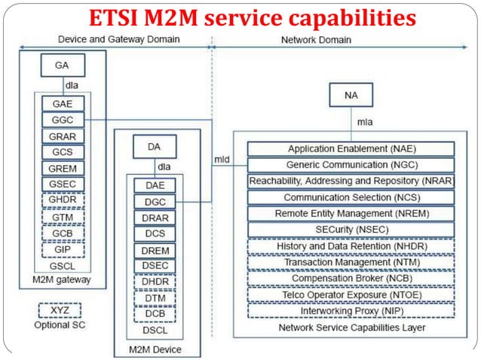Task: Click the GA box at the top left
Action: click(x=61, y=66)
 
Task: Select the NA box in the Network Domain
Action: click(x=351, y=95)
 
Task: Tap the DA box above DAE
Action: click(x=155, y=148)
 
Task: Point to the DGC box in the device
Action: click(x=155, y=201)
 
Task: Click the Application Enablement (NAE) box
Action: click(x=351, y=148)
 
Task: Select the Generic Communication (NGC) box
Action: click(x=351, y=164)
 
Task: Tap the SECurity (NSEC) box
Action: click(x=351, y=229)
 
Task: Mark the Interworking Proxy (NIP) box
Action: click(x=351, y=310)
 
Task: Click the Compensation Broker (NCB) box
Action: click(x=351, y=278)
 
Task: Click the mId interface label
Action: click(x=222, y=160)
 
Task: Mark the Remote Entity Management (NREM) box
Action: click(x=351, y=213)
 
